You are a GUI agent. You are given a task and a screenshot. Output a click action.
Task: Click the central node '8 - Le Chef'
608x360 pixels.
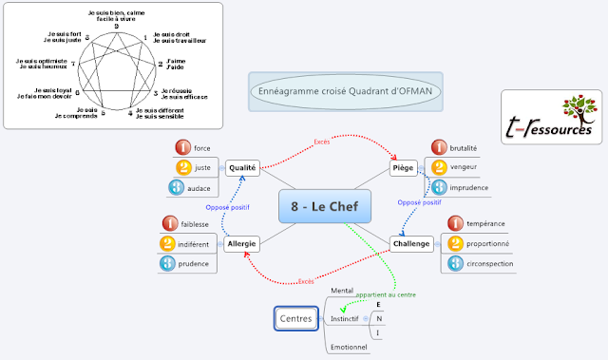(325, 206)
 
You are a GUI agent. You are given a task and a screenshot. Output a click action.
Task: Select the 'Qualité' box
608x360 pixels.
(243, 167)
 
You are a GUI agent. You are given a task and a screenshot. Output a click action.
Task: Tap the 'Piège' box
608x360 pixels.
(405, 168)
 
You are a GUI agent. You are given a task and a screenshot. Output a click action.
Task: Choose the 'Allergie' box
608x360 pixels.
(241, 244)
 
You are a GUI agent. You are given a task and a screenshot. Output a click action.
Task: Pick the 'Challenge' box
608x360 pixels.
(411, 244)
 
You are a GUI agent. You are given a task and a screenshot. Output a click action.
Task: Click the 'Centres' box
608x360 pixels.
(294, 319)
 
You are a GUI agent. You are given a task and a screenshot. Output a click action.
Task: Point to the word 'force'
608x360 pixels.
(201, 148)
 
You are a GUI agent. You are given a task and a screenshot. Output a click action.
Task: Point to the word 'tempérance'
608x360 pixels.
(485, 224)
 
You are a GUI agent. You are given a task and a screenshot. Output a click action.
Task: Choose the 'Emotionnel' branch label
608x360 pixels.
(348, 348)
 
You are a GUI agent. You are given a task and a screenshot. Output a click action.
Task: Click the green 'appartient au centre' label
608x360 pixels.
(386, 294)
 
